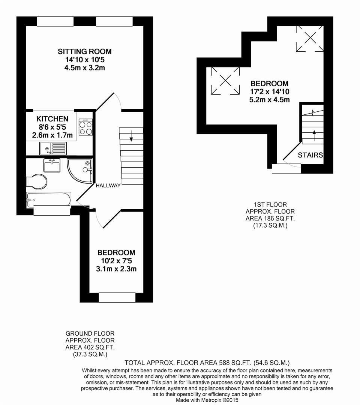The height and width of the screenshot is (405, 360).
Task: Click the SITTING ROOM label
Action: point(84,51)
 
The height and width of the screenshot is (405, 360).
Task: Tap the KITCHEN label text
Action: point(52,119)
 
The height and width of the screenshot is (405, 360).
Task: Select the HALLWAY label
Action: point(108,186)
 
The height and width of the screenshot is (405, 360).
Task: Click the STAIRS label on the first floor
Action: point(310,155)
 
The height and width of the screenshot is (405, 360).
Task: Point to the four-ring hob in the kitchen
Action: point(85,127)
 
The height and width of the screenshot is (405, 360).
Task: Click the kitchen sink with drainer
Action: point(53,148)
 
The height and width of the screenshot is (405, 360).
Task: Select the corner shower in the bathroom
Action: point(79,171)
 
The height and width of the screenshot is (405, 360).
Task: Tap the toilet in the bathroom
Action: point(37,181)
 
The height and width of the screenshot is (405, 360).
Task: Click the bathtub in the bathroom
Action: point(48,199)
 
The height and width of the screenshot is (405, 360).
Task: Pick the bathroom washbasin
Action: point(52,165)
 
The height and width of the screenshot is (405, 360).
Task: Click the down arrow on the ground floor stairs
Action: point(131,136)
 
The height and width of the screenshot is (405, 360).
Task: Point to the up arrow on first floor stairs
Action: point(314,135)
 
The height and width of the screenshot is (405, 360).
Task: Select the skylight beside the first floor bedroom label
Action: point(225,81)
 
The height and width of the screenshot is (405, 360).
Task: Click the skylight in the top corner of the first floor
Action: point(310,38)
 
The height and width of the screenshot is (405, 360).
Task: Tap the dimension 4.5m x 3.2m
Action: point(84,68)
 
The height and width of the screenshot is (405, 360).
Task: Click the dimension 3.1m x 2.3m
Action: point(116,269)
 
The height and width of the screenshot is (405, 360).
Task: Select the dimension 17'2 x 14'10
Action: point(270,92)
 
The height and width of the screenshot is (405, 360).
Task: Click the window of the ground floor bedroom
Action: point(117,297)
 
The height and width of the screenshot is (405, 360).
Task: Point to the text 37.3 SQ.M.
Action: point(90,354)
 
